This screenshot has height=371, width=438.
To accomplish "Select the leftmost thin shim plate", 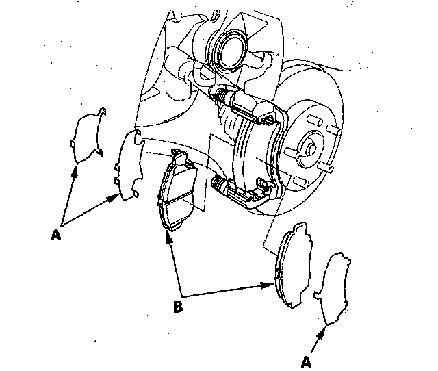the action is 87,138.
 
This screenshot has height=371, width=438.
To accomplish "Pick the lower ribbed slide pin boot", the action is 221,183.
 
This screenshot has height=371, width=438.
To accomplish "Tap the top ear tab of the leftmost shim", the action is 101,111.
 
